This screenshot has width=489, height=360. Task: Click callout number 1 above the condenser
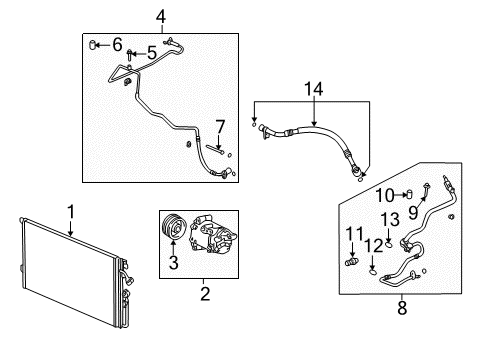pyautogui.click(x=70, y=211)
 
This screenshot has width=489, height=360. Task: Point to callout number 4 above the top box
pyautogui.click(x=161, y=16)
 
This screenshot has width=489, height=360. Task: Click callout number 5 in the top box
pyautogui.click(x=151, y=52)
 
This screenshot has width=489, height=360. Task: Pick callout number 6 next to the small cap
pyautogui.click(x=117, y=43)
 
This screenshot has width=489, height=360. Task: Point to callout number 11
pyautogui.click(x=351, y=234)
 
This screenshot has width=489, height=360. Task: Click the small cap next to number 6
pyautogui.click(x=93, y=43)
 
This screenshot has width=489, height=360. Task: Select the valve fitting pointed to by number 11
pyautogui.click(x=352, y=263)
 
